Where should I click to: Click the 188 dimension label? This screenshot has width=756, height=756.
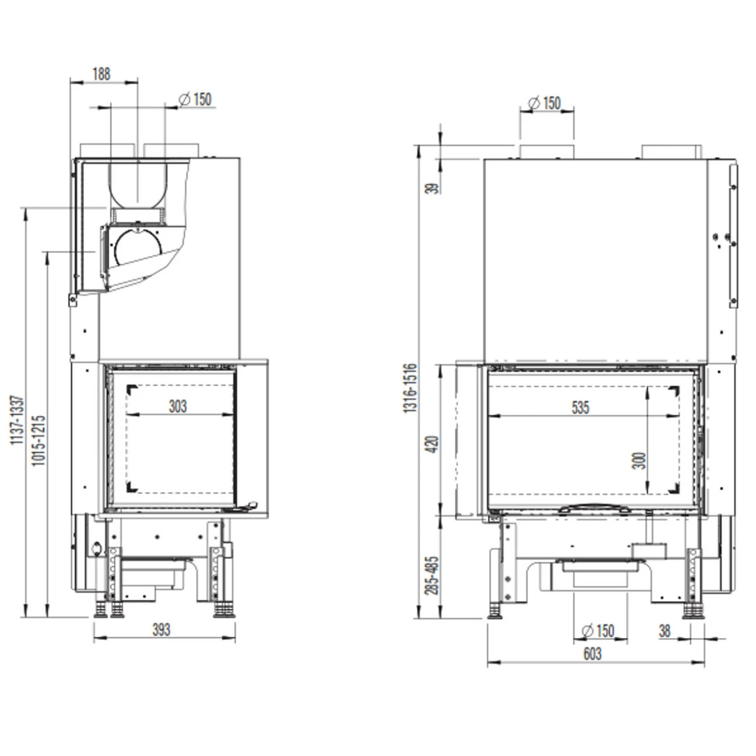tap(102, 74)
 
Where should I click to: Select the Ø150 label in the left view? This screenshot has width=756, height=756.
tap(194, 99)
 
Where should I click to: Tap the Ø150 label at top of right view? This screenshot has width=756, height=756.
tap(544, 103)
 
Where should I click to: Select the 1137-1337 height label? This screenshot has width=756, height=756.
tap(18, 420)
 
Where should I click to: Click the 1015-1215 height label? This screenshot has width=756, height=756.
tap(39, 440)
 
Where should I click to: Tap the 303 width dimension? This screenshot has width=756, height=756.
tap(177, 406)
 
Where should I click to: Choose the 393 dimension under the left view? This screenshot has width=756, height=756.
tap(161, 630)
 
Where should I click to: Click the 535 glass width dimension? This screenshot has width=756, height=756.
tap(580, 408)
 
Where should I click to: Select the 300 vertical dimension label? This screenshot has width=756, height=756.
tap(640, 460)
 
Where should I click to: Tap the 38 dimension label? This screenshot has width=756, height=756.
tap(664, 631)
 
